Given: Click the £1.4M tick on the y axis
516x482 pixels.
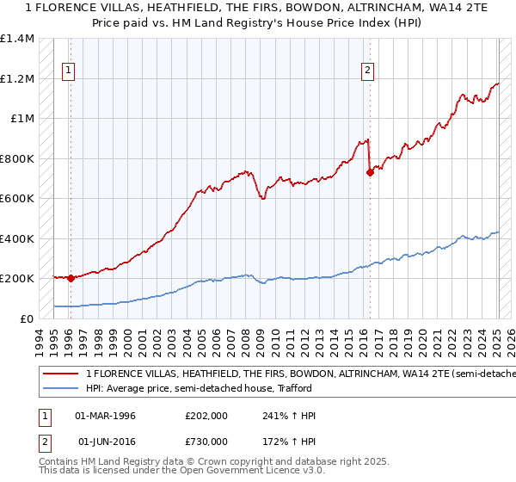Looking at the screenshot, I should [17, 39].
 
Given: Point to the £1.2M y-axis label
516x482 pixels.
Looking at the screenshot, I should [17, 78].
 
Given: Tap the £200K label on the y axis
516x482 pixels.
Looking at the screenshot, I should [17, 279].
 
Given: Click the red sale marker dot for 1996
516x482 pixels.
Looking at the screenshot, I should [71, 278].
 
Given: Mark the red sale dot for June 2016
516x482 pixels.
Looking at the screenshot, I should [370, 172].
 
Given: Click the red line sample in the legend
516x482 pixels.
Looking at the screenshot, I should [61, 374].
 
